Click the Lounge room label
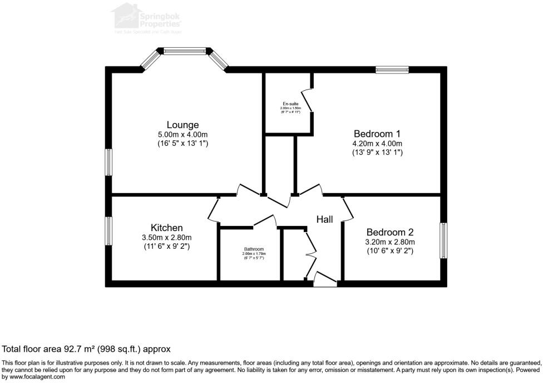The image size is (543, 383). tap(182, 125)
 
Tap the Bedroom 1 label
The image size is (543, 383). tap(377, 134)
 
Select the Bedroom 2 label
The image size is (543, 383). tap(389, 232)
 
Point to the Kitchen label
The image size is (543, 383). tap(166, 228)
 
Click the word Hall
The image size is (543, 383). tap(325, 219)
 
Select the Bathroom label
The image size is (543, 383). tap(253, 249)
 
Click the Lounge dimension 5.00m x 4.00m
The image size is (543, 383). tap(182, 135)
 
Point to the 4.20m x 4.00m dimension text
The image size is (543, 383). tap(377, 144)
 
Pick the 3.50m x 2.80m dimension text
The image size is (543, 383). tap(166, 238)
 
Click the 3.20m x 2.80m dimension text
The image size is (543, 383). tap(389, 242)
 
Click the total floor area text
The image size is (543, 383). tap(86, 349)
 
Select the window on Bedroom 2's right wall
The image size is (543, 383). tap(443, 240)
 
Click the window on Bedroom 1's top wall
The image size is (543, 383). tap(392, 70)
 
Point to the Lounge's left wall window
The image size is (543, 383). tap(109, 162)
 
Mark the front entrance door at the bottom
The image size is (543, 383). tap(325, 280)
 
